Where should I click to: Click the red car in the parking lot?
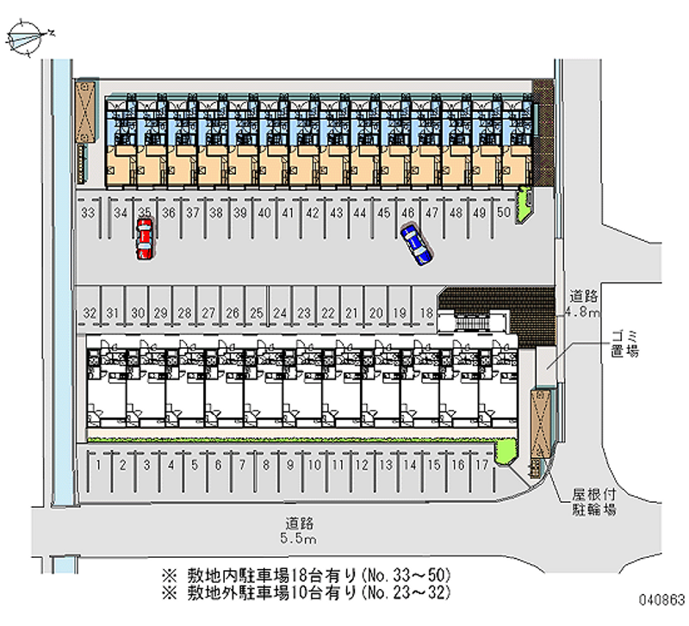coord(145,239)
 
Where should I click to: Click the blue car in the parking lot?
coord(417,244)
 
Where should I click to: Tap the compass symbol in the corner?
coord(27,36)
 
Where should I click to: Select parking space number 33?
coord(87,213)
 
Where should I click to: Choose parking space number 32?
coord(89,312)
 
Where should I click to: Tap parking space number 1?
coord(101,465)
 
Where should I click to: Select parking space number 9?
coord(291,465)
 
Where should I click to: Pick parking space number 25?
coord(256,312)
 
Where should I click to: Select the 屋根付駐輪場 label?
coord(596,504)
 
